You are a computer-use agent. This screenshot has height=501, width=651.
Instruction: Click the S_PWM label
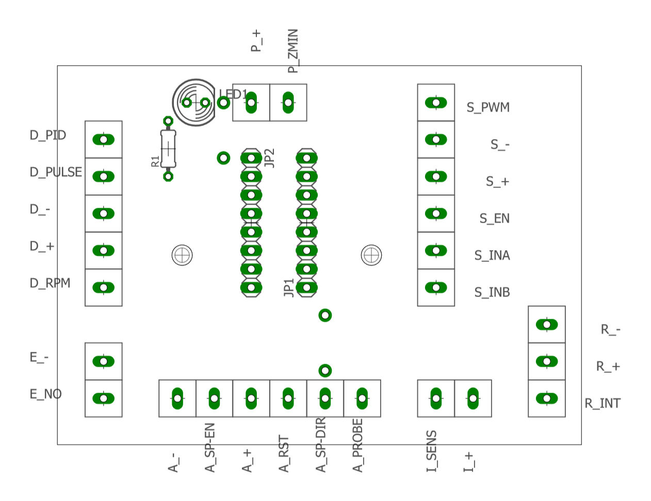tap(488, 107)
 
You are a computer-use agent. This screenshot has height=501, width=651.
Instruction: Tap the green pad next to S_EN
tap(436, 213)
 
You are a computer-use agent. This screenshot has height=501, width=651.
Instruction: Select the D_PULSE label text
tap(56, 172)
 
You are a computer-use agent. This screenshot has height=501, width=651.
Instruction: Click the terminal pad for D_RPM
tap(103, 288)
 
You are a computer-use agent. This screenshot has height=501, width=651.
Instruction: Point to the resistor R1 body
tap(168, 149)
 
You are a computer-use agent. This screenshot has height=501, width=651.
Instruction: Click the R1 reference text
tap(155, 161)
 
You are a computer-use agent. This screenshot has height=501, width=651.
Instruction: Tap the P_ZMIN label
tap(293, 51)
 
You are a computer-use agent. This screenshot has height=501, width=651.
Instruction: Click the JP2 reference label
tap(269, 158)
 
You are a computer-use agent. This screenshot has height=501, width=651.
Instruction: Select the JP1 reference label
tap(289, 288)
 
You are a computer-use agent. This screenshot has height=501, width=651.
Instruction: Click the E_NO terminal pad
tap(103, 399)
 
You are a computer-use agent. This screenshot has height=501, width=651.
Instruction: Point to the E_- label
tap(39, 357)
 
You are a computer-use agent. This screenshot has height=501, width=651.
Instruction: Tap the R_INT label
tap(603, 403)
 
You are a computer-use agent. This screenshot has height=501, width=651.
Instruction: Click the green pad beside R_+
tap(547, 362)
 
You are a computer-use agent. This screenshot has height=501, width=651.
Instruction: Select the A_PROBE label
tap(357, 445)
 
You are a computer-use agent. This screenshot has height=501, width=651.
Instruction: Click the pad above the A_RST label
tap(288, 399)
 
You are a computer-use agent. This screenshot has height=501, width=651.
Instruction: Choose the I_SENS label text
tap(432, 451)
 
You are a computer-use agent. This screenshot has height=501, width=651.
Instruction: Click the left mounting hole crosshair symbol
tap(182, 255)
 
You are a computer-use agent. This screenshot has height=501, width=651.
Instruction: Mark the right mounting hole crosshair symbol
tap(371, 255)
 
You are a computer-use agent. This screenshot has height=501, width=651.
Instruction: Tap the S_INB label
tap(492, 292)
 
